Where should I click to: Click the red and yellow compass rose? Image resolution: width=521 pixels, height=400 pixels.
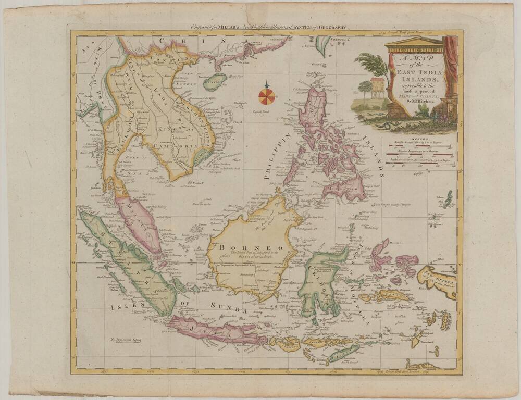point(267,95)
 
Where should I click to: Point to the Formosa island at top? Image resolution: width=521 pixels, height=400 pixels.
point(324,46)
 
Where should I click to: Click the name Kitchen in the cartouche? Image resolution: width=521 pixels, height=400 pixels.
point(428,102)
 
